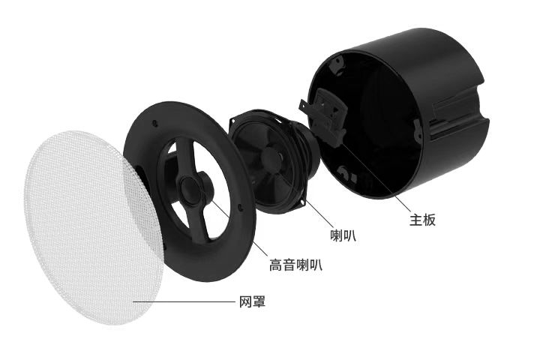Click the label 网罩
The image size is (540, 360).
click(253, 301)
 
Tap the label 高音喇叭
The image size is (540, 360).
click(295, 265)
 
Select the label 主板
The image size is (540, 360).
click(422, 220)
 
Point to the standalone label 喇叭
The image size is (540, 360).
click(343, 235)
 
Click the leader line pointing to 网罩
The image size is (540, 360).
click(184, 301)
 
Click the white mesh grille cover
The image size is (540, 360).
click(93, 227)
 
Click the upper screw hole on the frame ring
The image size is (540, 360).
click(154, 122)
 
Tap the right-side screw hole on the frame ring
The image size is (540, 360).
click(240, 208)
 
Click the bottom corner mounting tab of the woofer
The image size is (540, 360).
click(295, 207)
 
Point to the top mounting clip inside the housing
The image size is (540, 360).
click(337, 64)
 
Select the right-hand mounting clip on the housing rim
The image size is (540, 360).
click(418, 130)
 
